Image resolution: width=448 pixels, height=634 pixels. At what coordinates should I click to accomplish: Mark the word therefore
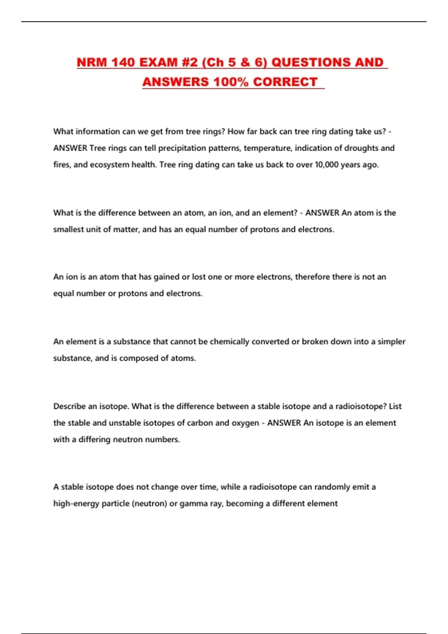coord(312,277)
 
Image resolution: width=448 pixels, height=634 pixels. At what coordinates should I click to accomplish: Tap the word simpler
coord(391,342)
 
